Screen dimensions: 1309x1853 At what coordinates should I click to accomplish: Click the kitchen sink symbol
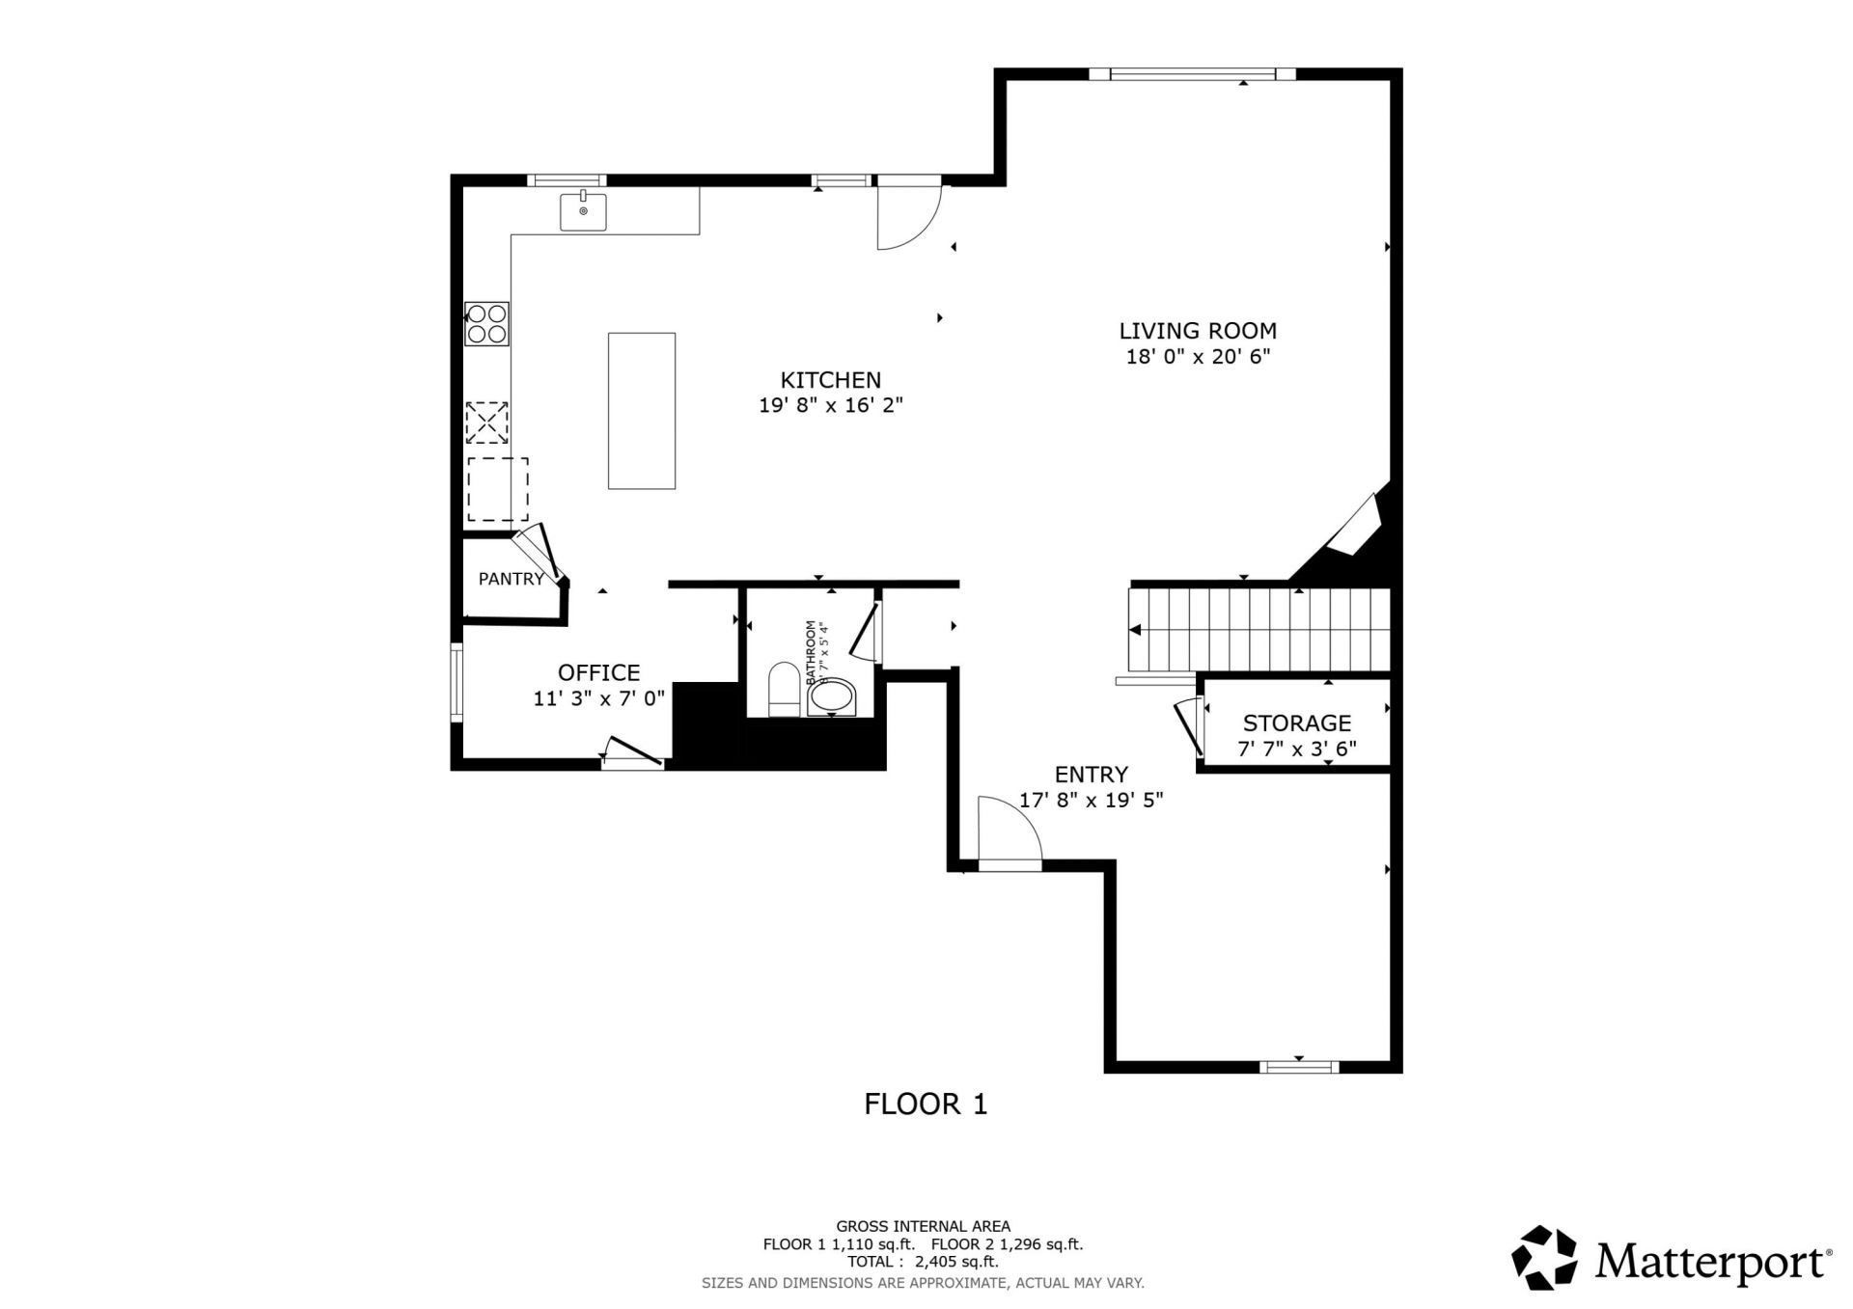click(583, 212)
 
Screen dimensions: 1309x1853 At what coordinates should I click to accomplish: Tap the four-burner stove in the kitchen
click(486, 324)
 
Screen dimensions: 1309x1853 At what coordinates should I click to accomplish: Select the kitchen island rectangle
click(641, 411)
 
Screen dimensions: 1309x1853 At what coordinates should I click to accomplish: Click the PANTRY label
click(511, 579)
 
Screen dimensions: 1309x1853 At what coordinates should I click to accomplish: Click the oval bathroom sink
click(832, 697)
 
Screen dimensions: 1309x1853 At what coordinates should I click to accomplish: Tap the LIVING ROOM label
click(1197, 331)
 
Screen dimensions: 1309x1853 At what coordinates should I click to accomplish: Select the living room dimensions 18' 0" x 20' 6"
click(1197, 357)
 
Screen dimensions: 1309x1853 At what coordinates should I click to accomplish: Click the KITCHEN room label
click(830, 380)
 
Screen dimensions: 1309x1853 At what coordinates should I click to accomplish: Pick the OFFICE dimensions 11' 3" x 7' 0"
click(599, 698)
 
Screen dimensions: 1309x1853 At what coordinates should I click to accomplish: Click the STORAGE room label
click(1296, 723)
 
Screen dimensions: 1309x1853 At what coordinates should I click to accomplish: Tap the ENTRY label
click(1091, 775)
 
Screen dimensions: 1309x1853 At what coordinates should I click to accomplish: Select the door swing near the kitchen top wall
click(907, 218)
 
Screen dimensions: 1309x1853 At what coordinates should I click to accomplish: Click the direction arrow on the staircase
click(1136, 630)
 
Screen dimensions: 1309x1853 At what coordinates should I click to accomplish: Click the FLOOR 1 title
click(926, 1104)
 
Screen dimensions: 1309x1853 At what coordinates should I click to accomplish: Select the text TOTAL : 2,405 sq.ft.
click(923, 1262)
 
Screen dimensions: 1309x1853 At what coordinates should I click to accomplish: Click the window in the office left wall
click(456, 683)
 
